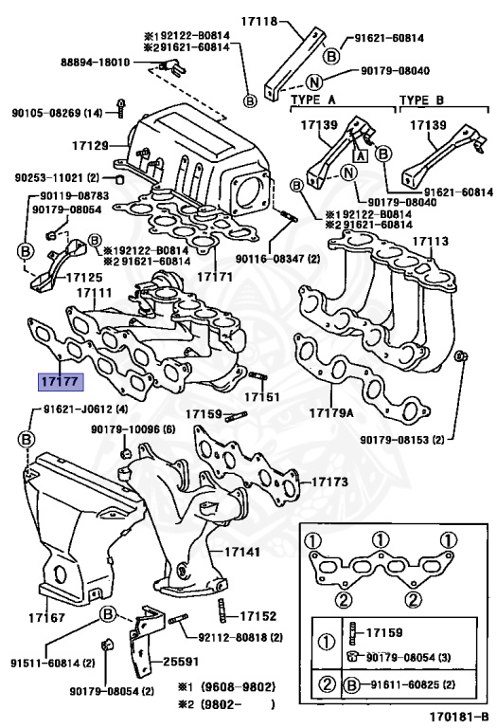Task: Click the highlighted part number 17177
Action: [x=60, y=381]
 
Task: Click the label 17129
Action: [x=90, y=145]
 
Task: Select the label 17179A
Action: [x=330, y=414]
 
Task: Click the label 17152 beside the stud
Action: [x=257, y=615]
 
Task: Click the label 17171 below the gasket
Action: [x=215, y=277]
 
